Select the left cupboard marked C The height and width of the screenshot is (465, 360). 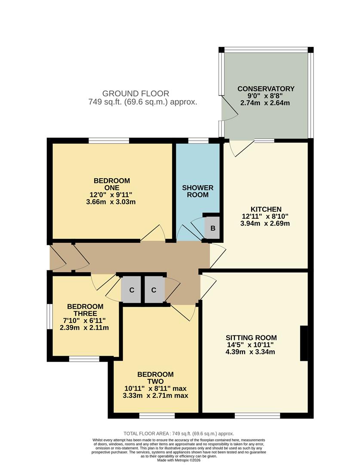pyautogui.click(x=132, y=290)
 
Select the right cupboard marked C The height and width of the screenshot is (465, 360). pyautogui.click(x=154, y=290)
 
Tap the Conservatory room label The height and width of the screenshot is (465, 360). pyautogui.click(x=266, y=89)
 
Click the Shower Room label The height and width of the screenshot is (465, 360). pyautogui.click(x=197, y=191)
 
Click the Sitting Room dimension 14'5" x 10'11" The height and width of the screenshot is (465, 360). pyautogui.click(x=252, y=344)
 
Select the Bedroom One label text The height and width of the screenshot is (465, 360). pyautogui.click(x=111, y=184)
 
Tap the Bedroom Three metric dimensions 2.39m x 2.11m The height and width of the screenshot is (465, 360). pyautogui.click(x=84, y=328)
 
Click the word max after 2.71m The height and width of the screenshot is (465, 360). pyautogui.click(x=180, y=395)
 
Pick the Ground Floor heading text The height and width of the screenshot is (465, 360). pyautogui.click(x=135, y=93)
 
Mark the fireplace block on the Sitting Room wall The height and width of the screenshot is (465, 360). pyautogui.click(x=304, y=343)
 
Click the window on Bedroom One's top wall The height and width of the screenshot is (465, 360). pyautogui.click(x=109, y=140)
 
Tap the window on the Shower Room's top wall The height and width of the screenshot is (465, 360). pyautogui.click(x=198, y=140)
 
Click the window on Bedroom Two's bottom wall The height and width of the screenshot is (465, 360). pyautogui.click(x=157, y=415)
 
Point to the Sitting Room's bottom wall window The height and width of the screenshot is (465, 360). pyautogui.click(x=257, y=415)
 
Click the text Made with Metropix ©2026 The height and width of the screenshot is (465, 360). pyautogui.click(x=179, y=460)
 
